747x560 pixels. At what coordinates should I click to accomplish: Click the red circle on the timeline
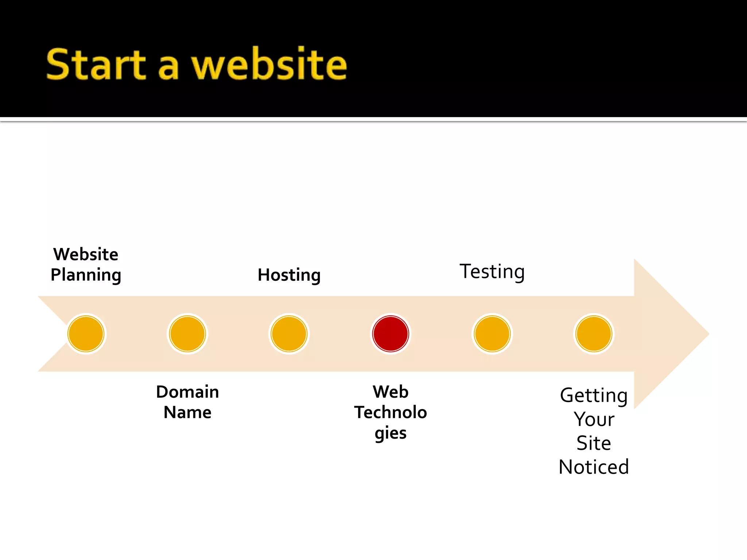point(390,334)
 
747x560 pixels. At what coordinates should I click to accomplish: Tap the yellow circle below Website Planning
point(86,334)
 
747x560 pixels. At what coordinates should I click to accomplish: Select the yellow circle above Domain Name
point(187,334)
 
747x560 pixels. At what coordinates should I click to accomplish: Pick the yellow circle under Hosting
point(289,334)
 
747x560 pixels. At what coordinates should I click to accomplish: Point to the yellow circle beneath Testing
point(492,334)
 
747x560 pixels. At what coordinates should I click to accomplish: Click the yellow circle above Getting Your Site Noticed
point(594,334)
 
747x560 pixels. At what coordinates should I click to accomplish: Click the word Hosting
point(289,275)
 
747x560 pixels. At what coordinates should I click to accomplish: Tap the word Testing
point(492,272)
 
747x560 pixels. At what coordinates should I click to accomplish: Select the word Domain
point(187,392)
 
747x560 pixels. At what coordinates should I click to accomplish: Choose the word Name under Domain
point(187,412)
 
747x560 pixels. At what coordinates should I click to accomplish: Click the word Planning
point(86,275)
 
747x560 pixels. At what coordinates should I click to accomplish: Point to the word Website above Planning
point(86,254)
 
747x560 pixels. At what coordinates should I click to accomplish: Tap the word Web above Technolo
point(390,392)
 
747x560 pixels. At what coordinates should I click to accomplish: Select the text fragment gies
point(390,433)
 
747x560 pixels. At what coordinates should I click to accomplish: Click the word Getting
point(594,396)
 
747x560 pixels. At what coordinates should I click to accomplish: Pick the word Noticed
point(594,467)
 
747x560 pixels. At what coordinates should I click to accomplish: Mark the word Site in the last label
point(594,443)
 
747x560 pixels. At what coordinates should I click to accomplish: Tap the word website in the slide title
point(269,65)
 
